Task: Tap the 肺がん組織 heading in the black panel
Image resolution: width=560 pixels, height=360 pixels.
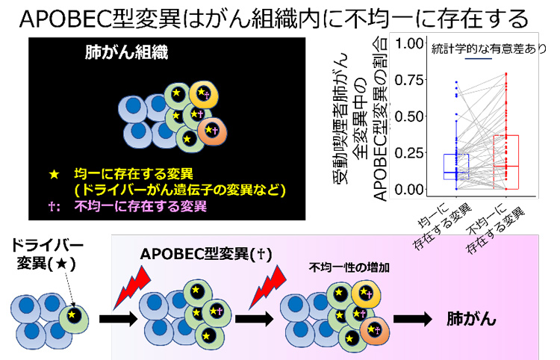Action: [x=125, y=54]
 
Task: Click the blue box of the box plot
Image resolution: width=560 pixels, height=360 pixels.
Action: [x=455, y=166]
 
